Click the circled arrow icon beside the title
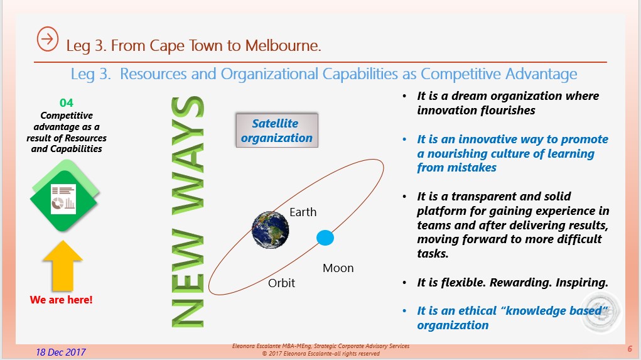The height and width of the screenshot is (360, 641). (48, 39)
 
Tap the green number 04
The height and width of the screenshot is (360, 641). (67, 102)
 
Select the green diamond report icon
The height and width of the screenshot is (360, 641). (65, 195)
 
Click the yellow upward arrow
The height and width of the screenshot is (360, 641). (63, 266)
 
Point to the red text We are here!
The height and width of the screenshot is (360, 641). (62, 300)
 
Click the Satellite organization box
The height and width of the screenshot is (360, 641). (277, 131)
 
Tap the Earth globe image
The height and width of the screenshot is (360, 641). (270, 230)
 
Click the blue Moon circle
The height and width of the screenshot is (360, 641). (325, 237)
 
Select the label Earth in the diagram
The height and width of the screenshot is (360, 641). (303, 212)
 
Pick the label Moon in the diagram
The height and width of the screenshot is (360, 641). (338, 268)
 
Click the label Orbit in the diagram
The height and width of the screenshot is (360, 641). (281, 283)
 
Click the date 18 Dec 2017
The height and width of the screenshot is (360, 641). (60, 352)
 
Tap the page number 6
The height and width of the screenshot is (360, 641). (630, 349)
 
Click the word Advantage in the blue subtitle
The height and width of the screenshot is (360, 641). (541, 74)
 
